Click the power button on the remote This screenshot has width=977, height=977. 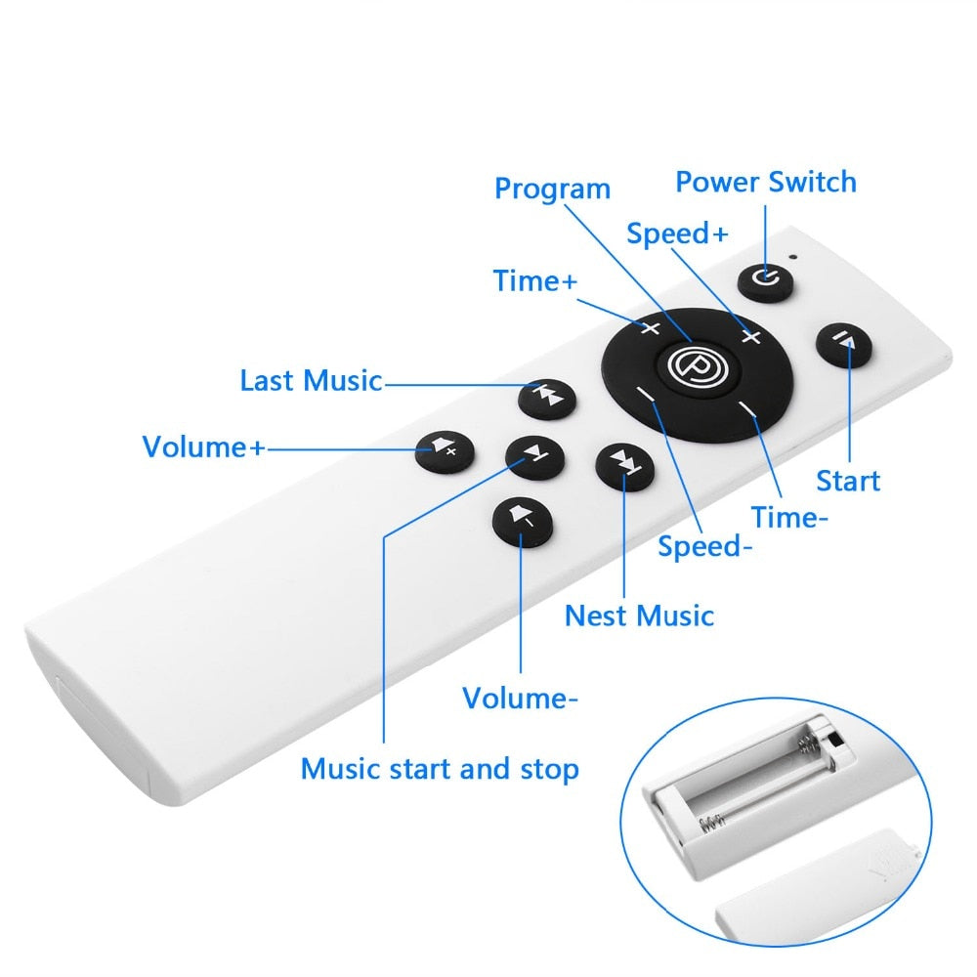pyautogui.click(x=765, y=281)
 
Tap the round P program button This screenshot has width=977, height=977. pyautogui.click(x=698, y=367)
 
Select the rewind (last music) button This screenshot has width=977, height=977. pyautogui.click(x=547, y=399)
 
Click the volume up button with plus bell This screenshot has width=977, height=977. pyautogui.click(x=445, y=451)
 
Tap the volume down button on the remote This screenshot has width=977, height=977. pyautogui.click(x=522, y=522)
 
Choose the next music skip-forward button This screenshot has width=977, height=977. pyautogui.click(x=625, y=467)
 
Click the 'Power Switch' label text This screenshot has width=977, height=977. pyautogui.click(x=766, y=182)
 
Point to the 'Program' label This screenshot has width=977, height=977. pyautogui.click(x=552, y=189)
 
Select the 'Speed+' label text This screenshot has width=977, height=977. pyautogui.click(x=677, y=234)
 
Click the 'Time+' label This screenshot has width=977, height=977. pyautogui.click(x=534, y=280)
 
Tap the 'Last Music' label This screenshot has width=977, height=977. pyautogui.click(x=311, y=381)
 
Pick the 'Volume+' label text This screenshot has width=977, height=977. pyautogui.click(x=204, y=446)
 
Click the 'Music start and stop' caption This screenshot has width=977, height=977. pyautogui.click(x=440, y=769)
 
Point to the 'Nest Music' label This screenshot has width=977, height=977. pyautogui.click(x=639, y=616)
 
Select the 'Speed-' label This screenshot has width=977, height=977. pyautogui.click(x=704, y=546)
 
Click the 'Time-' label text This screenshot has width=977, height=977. pyautogui.click(x=789, y=517)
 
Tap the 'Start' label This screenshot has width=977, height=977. pyautogui.click(x=848, y=481)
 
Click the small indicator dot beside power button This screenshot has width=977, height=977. pyautogui.click(x=793, y=256)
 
